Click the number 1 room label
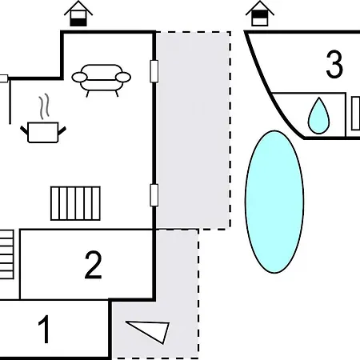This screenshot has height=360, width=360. click(45, 329)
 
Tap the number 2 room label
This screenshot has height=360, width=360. click(93, 265)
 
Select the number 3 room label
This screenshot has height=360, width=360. click(334, 64)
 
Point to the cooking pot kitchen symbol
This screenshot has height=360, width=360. click(43, 132)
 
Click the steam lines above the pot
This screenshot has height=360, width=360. click(44, 106)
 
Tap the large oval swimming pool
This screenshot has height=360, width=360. click(274, 202)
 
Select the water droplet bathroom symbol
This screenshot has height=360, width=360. click(318, 116)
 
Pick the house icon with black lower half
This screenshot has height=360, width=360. click(78, 14)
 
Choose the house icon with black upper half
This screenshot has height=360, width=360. click(260, 14)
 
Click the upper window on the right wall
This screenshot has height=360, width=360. click(154, 71)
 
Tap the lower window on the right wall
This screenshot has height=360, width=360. click(154, 195)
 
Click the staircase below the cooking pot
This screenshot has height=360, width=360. click(75, 203)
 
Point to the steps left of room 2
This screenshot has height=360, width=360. click(6, 254)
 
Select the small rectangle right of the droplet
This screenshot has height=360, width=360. click(355, 114)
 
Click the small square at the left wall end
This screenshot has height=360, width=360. click(4, 78)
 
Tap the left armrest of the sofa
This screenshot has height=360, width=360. click(79, 78)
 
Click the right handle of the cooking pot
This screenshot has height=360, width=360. click(62, 130)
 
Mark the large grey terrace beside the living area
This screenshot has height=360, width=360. click(193, 130)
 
